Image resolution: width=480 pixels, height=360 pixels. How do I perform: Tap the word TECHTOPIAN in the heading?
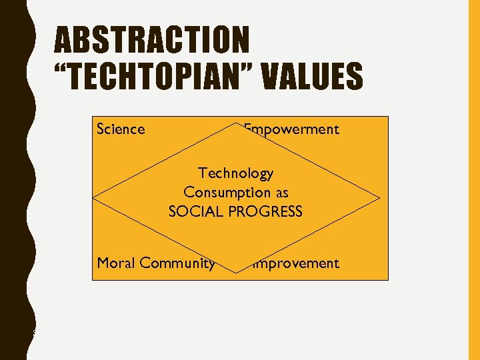(x=155, y=75)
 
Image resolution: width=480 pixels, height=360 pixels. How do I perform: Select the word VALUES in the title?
(x=312, y=75)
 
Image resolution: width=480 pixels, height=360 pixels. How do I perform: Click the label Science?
(x=121, y=129)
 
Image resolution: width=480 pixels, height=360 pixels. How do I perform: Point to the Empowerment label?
(x=292, y=129)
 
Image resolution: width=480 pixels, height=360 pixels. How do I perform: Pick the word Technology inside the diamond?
(x=236, y=173)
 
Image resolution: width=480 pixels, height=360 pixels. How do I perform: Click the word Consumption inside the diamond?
(x=227, y=192)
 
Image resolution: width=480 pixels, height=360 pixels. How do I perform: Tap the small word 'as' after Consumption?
(x=281, y=193)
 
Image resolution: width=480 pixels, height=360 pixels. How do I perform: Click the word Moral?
(x=115, y=263)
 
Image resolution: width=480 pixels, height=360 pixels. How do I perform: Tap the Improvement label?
(x=294, y=263)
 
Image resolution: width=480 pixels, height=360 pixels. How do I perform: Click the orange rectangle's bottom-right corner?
(x=388, y=279)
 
